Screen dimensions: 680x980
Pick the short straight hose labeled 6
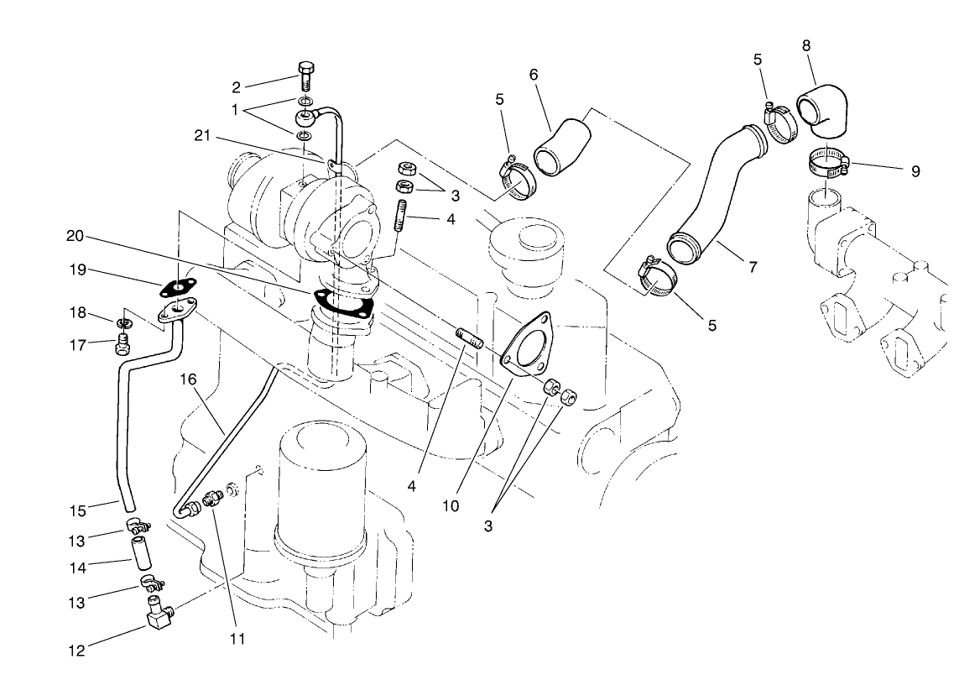click(561, 147)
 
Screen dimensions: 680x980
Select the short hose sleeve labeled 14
click(138, 555)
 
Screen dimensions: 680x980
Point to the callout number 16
click(188, 379)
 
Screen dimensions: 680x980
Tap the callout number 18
click(78, 313)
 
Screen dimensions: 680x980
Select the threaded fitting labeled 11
click(214, 498)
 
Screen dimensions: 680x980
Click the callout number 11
click(237, 639)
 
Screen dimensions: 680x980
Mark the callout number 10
click(451, 507)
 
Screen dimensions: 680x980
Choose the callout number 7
click(753, 267)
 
